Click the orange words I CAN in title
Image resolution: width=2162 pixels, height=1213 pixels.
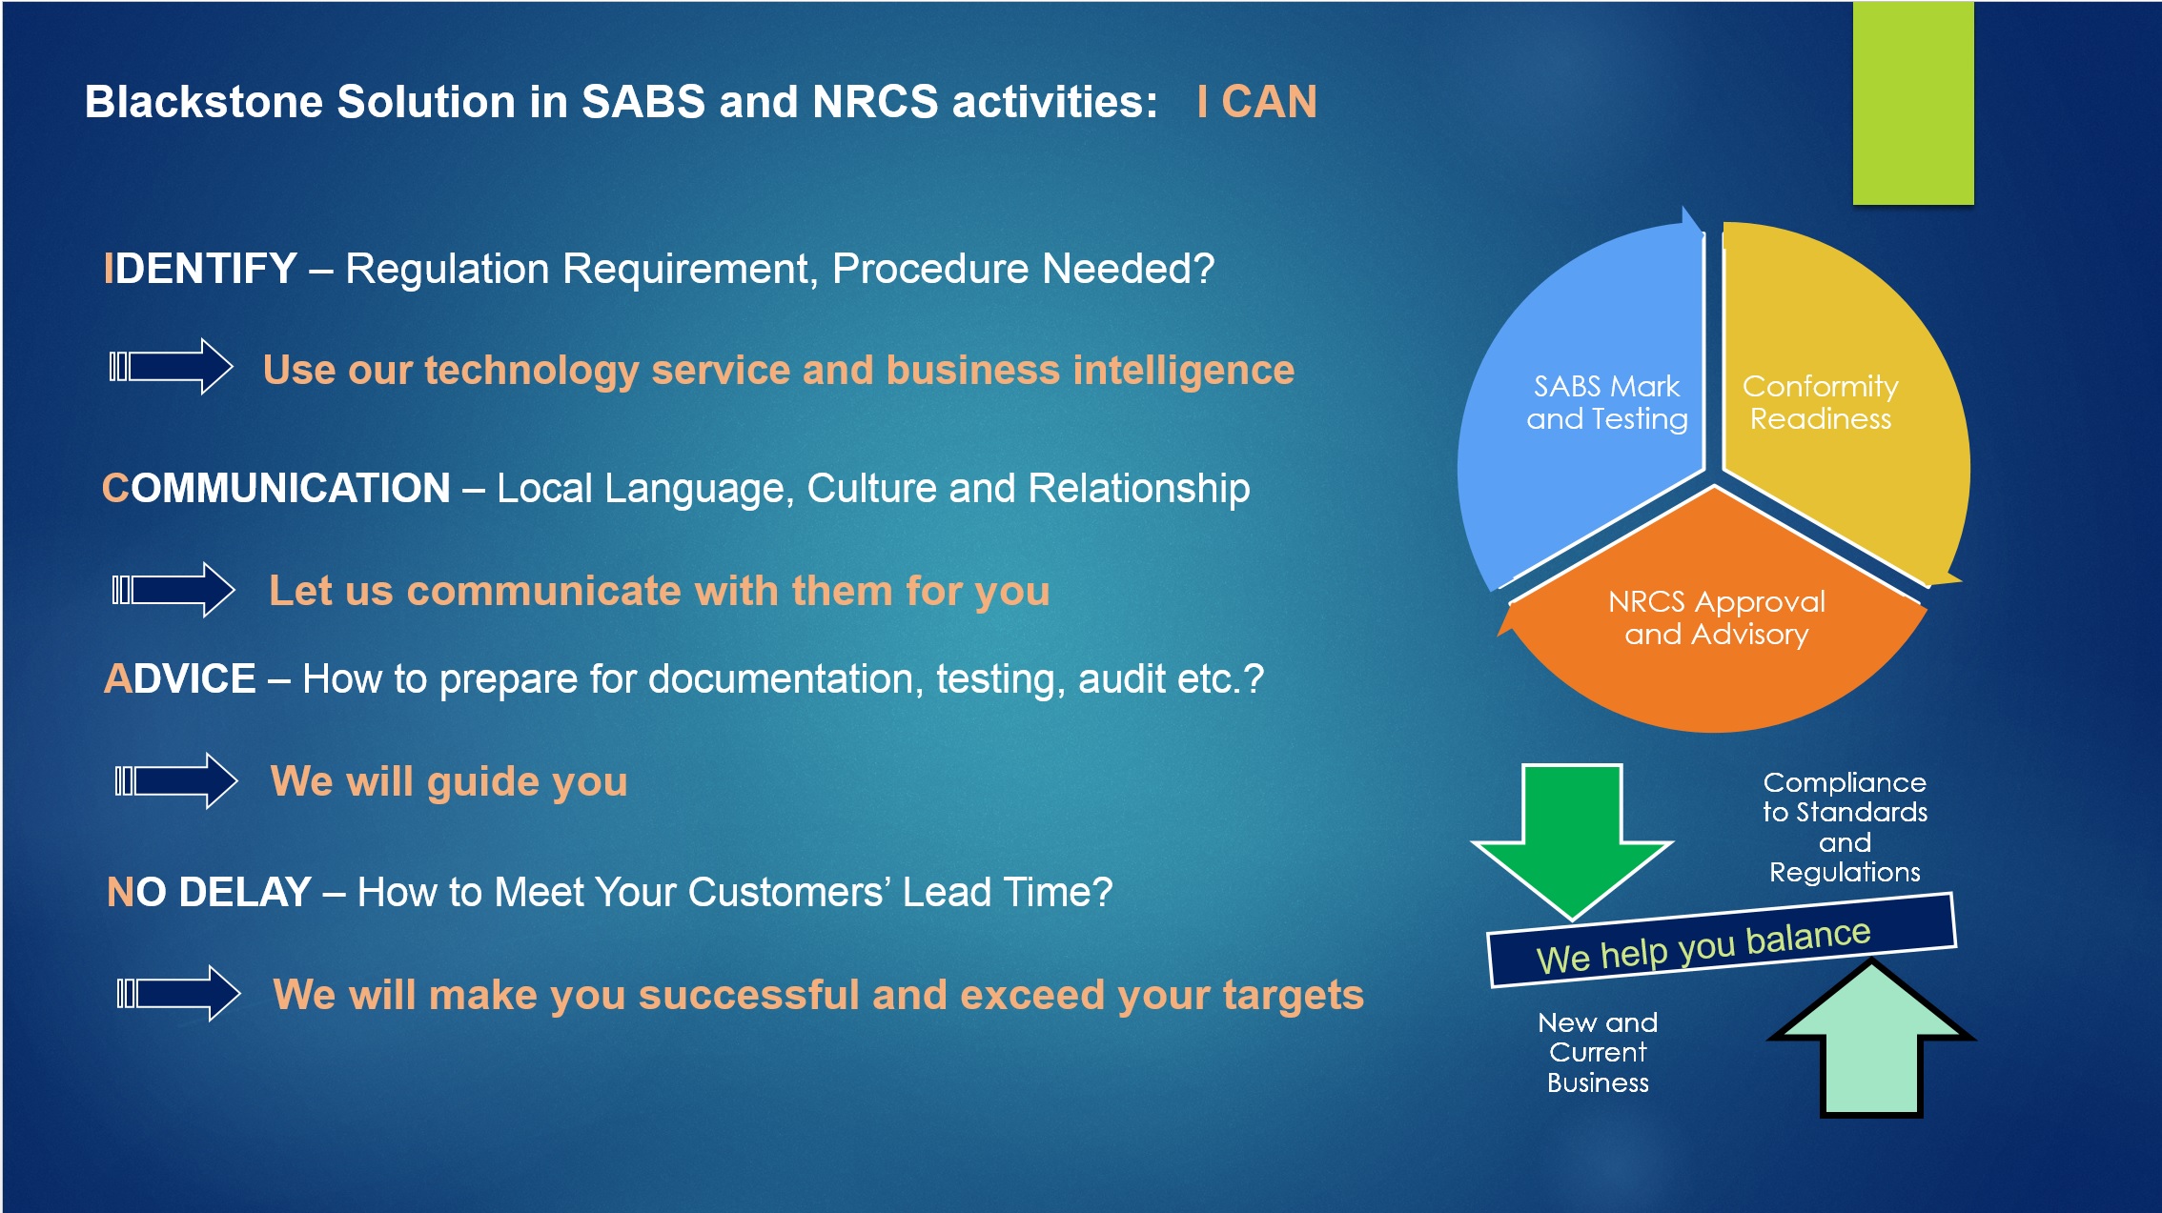pyautogui.click(x=1256, y=102)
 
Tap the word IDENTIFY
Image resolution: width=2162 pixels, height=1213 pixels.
pyautogui.click(x=200, y=269)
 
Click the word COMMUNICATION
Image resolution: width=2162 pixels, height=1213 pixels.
pyautogui.click(x=276, y=488)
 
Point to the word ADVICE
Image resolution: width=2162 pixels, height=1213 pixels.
pyautogui.click(x=180, y=679)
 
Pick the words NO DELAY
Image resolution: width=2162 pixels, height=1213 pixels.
pyautogui.click(x=209, y=893)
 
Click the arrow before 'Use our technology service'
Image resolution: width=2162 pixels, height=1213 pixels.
pyautogui.click(x=172, y=366)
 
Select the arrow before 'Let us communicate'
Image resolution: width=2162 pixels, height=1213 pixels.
pyautogui.click(x=173, y=590)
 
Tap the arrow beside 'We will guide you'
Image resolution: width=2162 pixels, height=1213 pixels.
pyautogui.click(x=176, y=781)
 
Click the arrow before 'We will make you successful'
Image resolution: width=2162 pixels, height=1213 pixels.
pyautogui.click(x=178, y=994)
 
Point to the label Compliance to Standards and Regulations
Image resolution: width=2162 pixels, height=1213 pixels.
pyautogui.click(x=1845, y=827)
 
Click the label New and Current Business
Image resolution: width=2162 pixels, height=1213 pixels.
pyautogui.click(x=1598, y=1052)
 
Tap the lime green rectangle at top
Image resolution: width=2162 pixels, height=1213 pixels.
pyautogui.click(x=1912, y=102)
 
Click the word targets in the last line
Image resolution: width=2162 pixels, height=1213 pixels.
pyautogui.click(x=1293, y=996)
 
